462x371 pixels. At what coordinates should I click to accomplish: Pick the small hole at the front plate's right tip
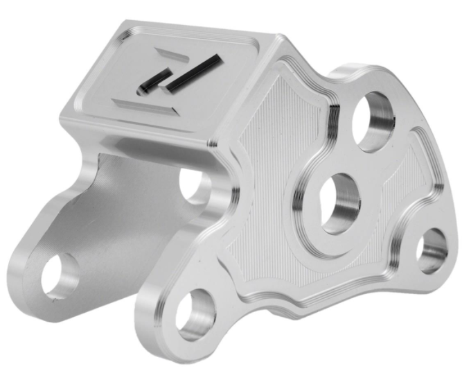pos(432,250)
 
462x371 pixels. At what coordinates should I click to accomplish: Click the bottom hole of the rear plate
pos(60,275)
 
